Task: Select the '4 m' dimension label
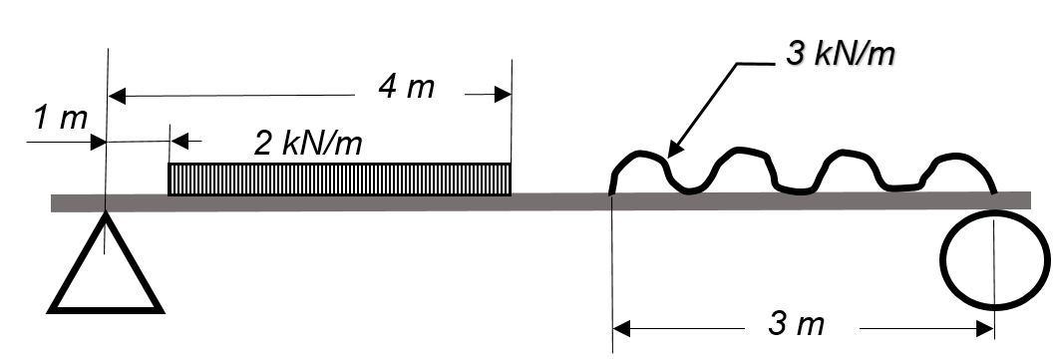tap(407, 88)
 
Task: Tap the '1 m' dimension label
tap(61, 119)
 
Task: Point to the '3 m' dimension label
tap(796, 325)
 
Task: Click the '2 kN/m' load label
tap(308, 143)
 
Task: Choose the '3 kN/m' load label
tap(841, 55)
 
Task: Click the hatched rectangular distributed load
tap(339, 179)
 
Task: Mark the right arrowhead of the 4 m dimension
tap(503, 95)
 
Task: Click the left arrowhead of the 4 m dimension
tap(117, 96)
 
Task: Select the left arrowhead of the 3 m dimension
tap(622, 329)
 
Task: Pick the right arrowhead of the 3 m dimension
tap(985, 329)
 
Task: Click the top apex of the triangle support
tap(106, 211)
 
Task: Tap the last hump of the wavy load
tap(958, 157)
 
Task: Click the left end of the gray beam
tap(52, 202)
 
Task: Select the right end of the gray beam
tap(1030, 200)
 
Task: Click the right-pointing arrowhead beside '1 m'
tap(98, 143)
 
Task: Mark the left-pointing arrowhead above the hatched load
tap(180, 142)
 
